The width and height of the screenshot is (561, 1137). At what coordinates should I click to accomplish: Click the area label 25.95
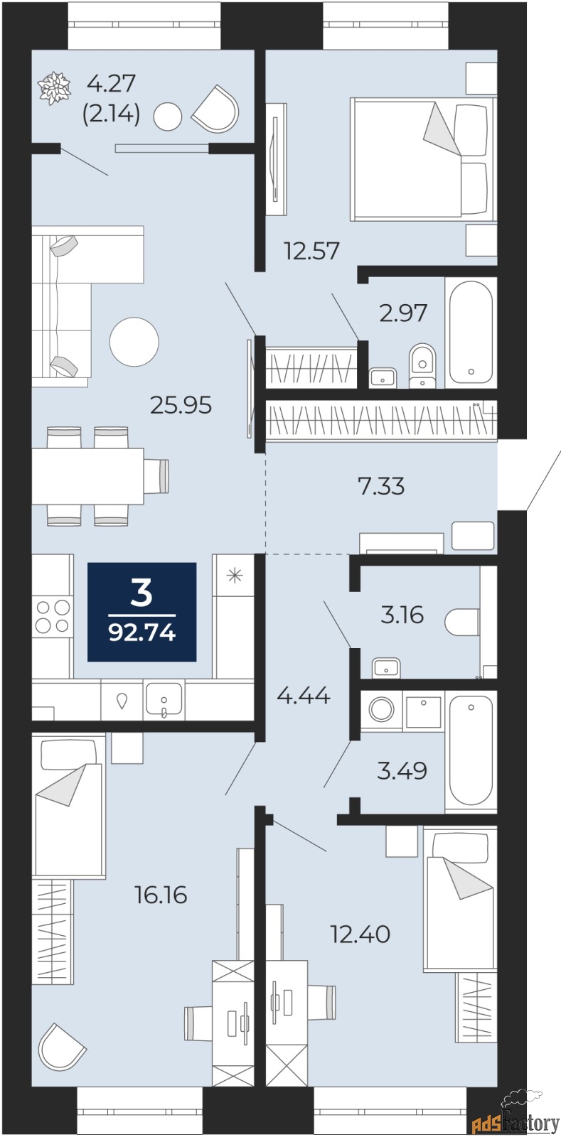pyautogui.click(x=181, y=406)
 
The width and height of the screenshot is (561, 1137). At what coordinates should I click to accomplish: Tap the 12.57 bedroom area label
pyautogui.click(x=311, y=252)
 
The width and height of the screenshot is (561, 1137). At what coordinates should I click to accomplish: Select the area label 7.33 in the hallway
pyautogui.click(x=381, y=486)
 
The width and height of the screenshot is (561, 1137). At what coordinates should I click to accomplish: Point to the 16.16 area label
pyautogui.click(x=161, y=894)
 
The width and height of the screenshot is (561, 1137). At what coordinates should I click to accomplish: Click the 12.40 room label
pyautogui.click(x=360, y=934)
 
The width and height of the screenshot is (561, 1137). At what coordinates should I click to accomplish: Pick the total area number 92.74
pyautogui.click(x=142, y=633)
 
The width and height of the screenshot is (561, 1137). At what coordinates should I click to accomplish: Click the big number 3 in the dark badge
pyautogui.click(x=141, y=593)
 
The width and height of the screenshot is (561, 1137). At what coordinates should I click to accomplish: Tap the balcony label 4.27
pyautogui.click(x=111, y=83)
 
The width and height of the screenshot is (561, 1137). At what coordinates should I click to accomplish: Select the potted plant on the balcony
pyautogui.click(x=54, y=90)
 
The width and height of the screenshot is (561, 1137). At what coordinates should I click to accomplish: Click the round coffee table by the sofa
pyautogui.click(x=134, y=342)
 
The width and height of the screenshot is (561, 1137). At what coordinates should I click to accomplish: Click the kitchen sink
pyautogui.click(x=164, y=700)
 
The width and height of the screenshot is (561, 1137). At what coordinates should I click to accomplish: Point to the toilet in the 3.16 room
pyautogui.click(x=462, y=622)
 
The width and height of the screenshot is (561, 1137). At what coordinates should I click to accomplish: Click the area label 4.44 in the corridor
pyautogui.click(x=304, y=696)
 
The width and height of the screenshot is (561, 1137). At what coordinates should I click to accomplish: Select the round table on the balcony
pyautogui.click(x=168, y=117)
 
